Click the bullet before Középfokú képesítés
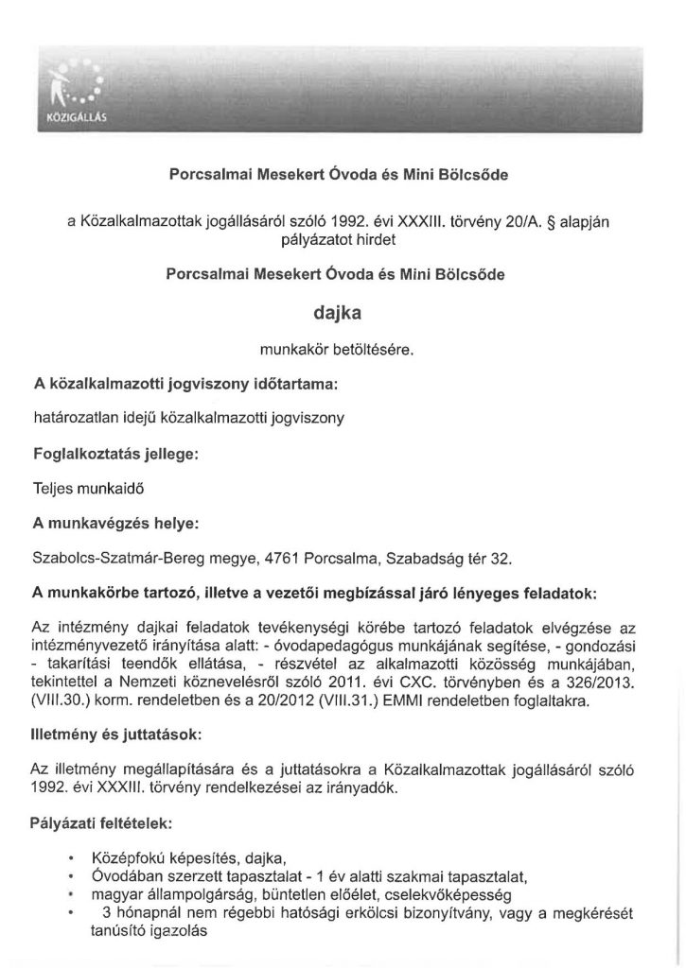click(73, 859)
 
